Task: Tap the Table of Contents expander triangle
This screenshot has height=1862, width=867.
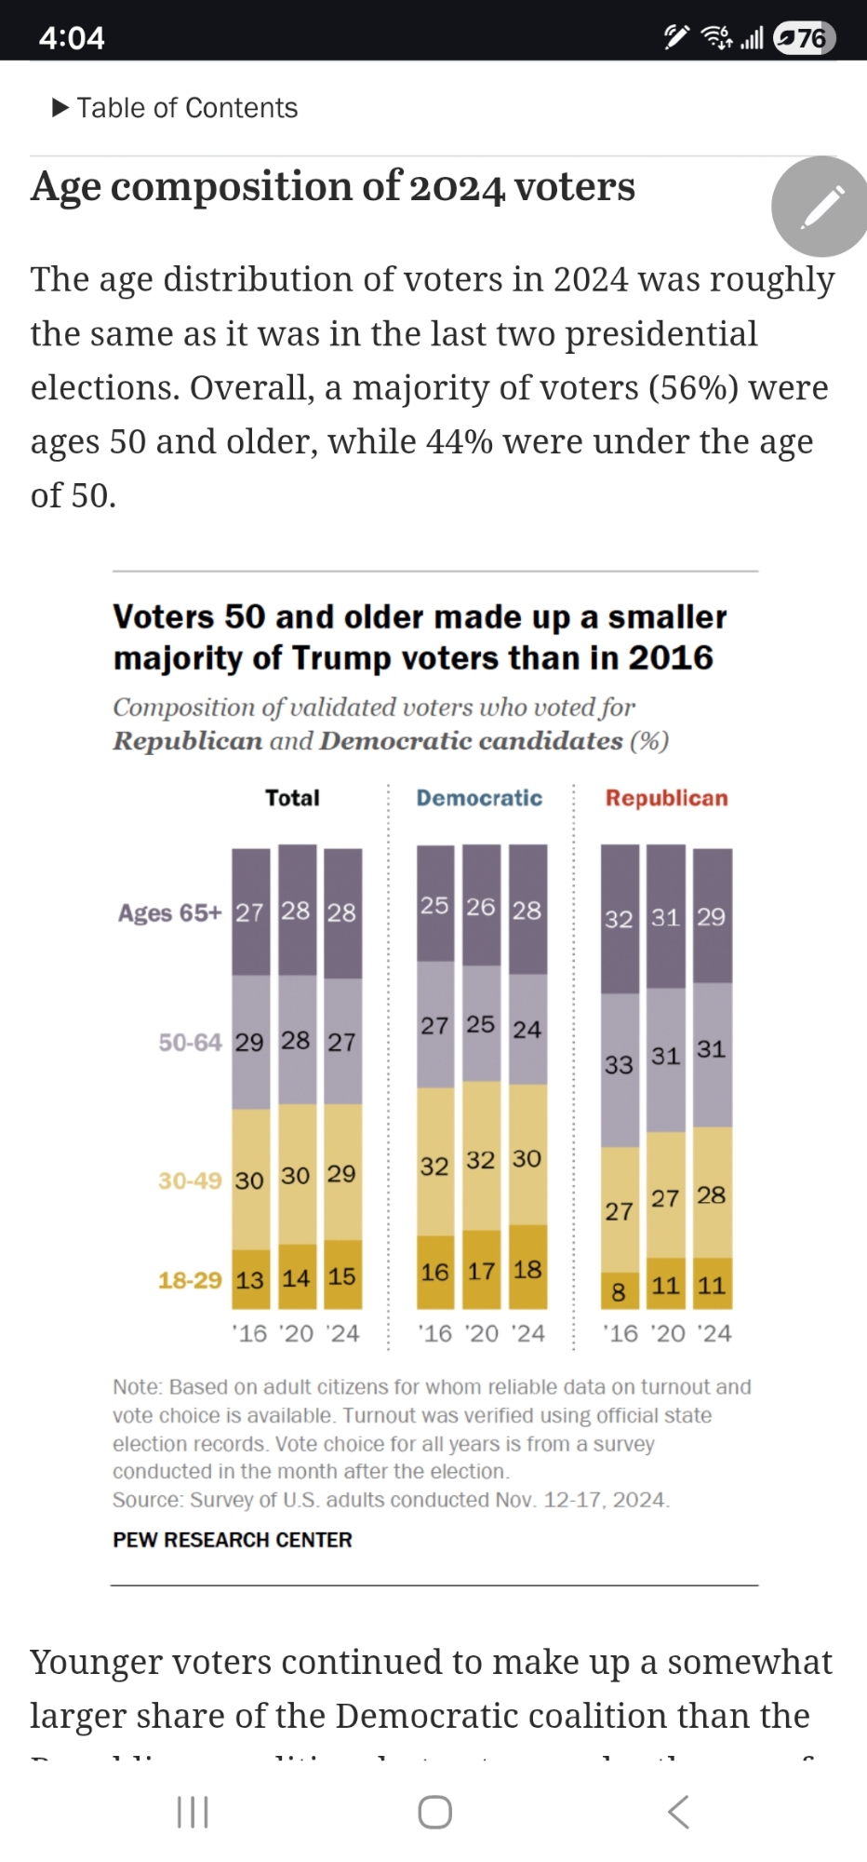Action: (60, 108)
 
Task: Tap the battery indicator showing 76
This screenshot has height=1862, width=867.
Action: (805, 38)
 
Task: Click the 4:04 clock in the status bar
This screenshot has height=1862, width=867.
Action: (72, 38)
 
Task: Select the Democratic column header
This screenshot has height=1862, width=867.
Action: (479, 798)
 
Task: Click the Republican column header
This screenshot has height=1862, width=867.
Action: (666, 798)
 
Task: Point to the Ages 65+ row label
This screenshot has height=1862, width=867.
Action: (169, 912)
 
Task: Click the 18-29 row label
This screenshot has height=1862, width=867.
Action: (190, 1280)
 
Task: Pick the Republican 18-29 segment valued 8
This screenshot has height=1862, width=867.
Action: (620, 1291)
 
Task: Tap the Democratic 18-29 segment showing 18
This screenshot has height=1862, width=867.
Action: (527, 1269)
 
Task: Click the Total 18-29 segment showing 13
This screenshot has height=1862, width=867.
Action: (250, 1280)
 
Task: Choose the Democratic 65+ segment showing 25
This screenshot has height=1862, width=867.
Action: (434, 905)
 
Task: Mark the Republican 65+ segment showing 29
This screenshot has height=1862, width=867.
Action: (712, 916)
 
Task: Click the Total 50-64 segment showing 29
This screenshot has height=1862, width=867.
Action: (250, 1042)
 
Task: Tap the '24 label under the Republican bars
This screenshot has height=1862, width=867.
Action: (714, 1333)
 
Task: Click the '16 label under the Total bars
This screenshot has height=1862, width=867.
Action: (250, 1333)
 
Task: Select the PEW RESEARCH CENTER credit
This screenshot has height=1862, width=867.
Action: (233, 1540)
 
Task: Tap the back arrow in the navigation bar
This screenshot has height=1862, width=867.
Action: (678, 1812)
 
